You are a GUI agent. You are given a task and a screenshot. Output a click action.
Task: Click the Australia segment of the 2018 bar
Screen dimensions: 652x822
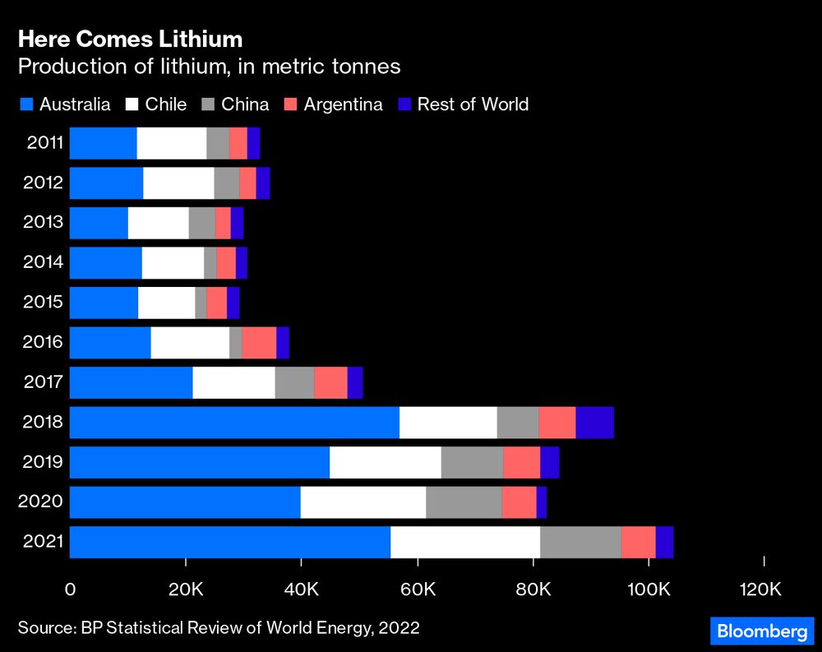[x=234, y=423]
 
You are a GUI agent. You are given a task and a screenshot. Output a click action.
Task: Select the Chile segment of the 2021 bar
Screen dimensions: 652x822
[x=465, y=543]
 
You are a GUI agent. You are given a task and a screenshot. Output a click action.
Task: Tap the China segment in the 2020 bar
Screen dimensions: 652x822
[x=464, y=502]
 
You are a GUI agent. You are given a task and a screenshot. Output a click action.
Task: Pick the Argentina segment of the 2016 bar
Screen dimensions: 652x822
[x=259, y=343]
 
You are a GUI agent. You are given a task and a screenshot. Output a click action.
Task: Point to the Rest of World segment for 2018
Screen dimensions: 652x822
[x=594, y=423]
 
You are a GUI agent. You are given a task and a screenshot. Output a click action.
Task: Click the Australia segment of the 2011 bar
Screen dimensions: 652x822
[x=103, y=143]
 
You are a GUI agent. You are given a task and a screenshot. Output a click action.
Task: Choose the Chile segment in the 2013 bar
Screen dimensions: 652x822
[x=158, y=223]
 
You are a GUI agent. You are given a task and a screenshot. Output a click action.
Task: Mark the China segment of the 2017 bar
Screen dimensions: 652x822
[x=294, y=383]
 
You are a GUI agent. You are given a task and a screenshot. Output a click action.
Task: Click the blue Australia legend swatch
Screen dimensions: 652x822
[x=26, y=104]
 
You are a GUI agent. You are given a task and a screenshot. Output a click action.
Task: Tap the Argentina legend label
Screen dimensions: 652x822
[x=343, y=104]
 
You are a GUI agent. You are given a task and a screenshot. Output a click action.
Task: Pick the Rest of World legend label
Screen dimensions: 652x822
[x=473, y=104]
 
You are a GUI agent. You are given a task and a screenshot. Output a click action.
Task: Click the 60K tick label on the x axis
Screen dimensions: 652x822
[x=418, y=589]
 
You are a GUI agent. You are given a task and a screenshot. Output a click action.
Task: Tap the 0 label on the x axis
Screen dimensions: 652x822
[x=70, y=589]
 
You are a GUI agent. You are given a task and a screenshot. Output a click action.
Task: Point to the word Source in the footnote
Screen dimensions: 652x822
[x=45, y=628]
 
